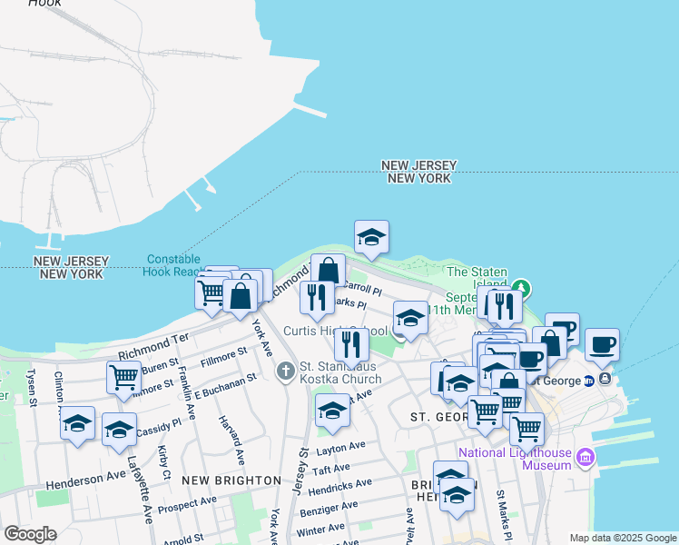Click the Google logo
(x=31, y=534)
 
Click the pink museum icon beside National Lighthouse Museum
(x=586, y=458)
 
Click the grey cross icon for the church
(x=285, y=370)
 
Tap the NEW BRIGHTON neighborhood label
(x=231, y=479)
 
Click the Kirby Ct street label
(x=162, y=461)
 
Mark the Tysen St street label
(x=31, y=386)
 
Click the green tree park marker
(x=519, y=289)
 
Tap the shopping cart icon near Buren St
(x=123, y=376)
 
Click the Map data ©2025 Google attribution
(x=622, y=537)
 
